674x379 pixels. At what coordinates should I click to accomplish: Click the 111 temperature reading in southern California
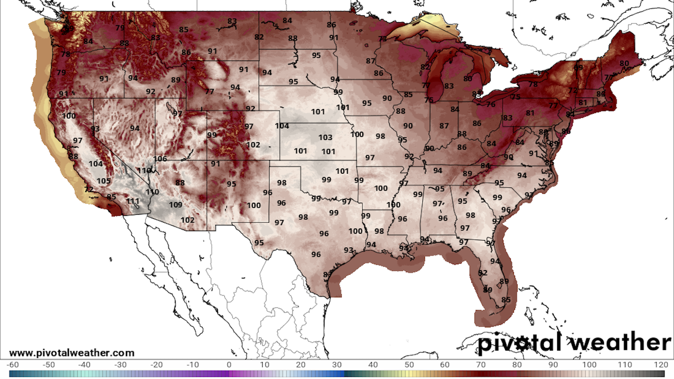point(133,201)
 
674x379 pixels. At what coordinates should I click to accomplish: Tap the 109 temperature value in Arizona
point(176,205)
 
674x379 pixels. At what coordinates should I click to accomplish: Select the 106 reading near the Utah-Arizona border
point(160,159)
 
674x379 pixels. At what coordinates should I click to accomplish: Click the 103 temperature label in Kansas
point(325,137)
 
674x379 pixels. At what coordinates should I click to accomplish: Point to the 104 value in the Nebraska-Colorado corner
point(282,126)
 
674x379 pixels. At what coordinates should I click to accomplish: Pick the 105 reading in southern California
point(104,181)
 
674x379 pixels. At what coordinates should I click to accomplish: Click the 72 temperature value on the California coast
point(89,189)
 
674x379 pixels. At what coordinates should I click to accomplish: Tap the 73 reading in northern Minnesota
point(382,39)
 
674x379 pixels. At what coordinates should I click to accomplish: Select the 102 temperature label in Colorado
point(253,145)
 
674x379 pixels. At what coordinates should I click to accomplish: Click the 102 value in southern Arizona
point(187,220)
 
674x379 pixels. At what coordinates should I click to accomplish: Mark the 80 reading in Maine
point(624,63)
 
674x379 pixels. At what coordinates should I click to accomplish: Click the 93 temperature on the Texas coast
point(348,250)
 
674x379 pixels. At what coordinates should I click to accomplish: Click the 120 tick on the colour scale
point(661,365)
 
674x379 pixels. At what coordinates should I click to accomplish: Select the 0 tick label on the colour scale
point(229,365)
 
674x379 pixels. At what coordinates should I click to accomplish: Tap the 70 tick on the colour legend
point(481,365)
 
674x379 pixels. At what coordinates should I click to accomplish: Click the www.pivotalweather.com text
point(72,353)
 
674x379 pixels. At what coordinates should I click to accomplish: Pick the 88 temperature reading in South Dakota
point(293,38)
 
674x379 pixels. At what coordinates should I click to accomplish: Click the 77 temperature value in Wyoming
point(209,92)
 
